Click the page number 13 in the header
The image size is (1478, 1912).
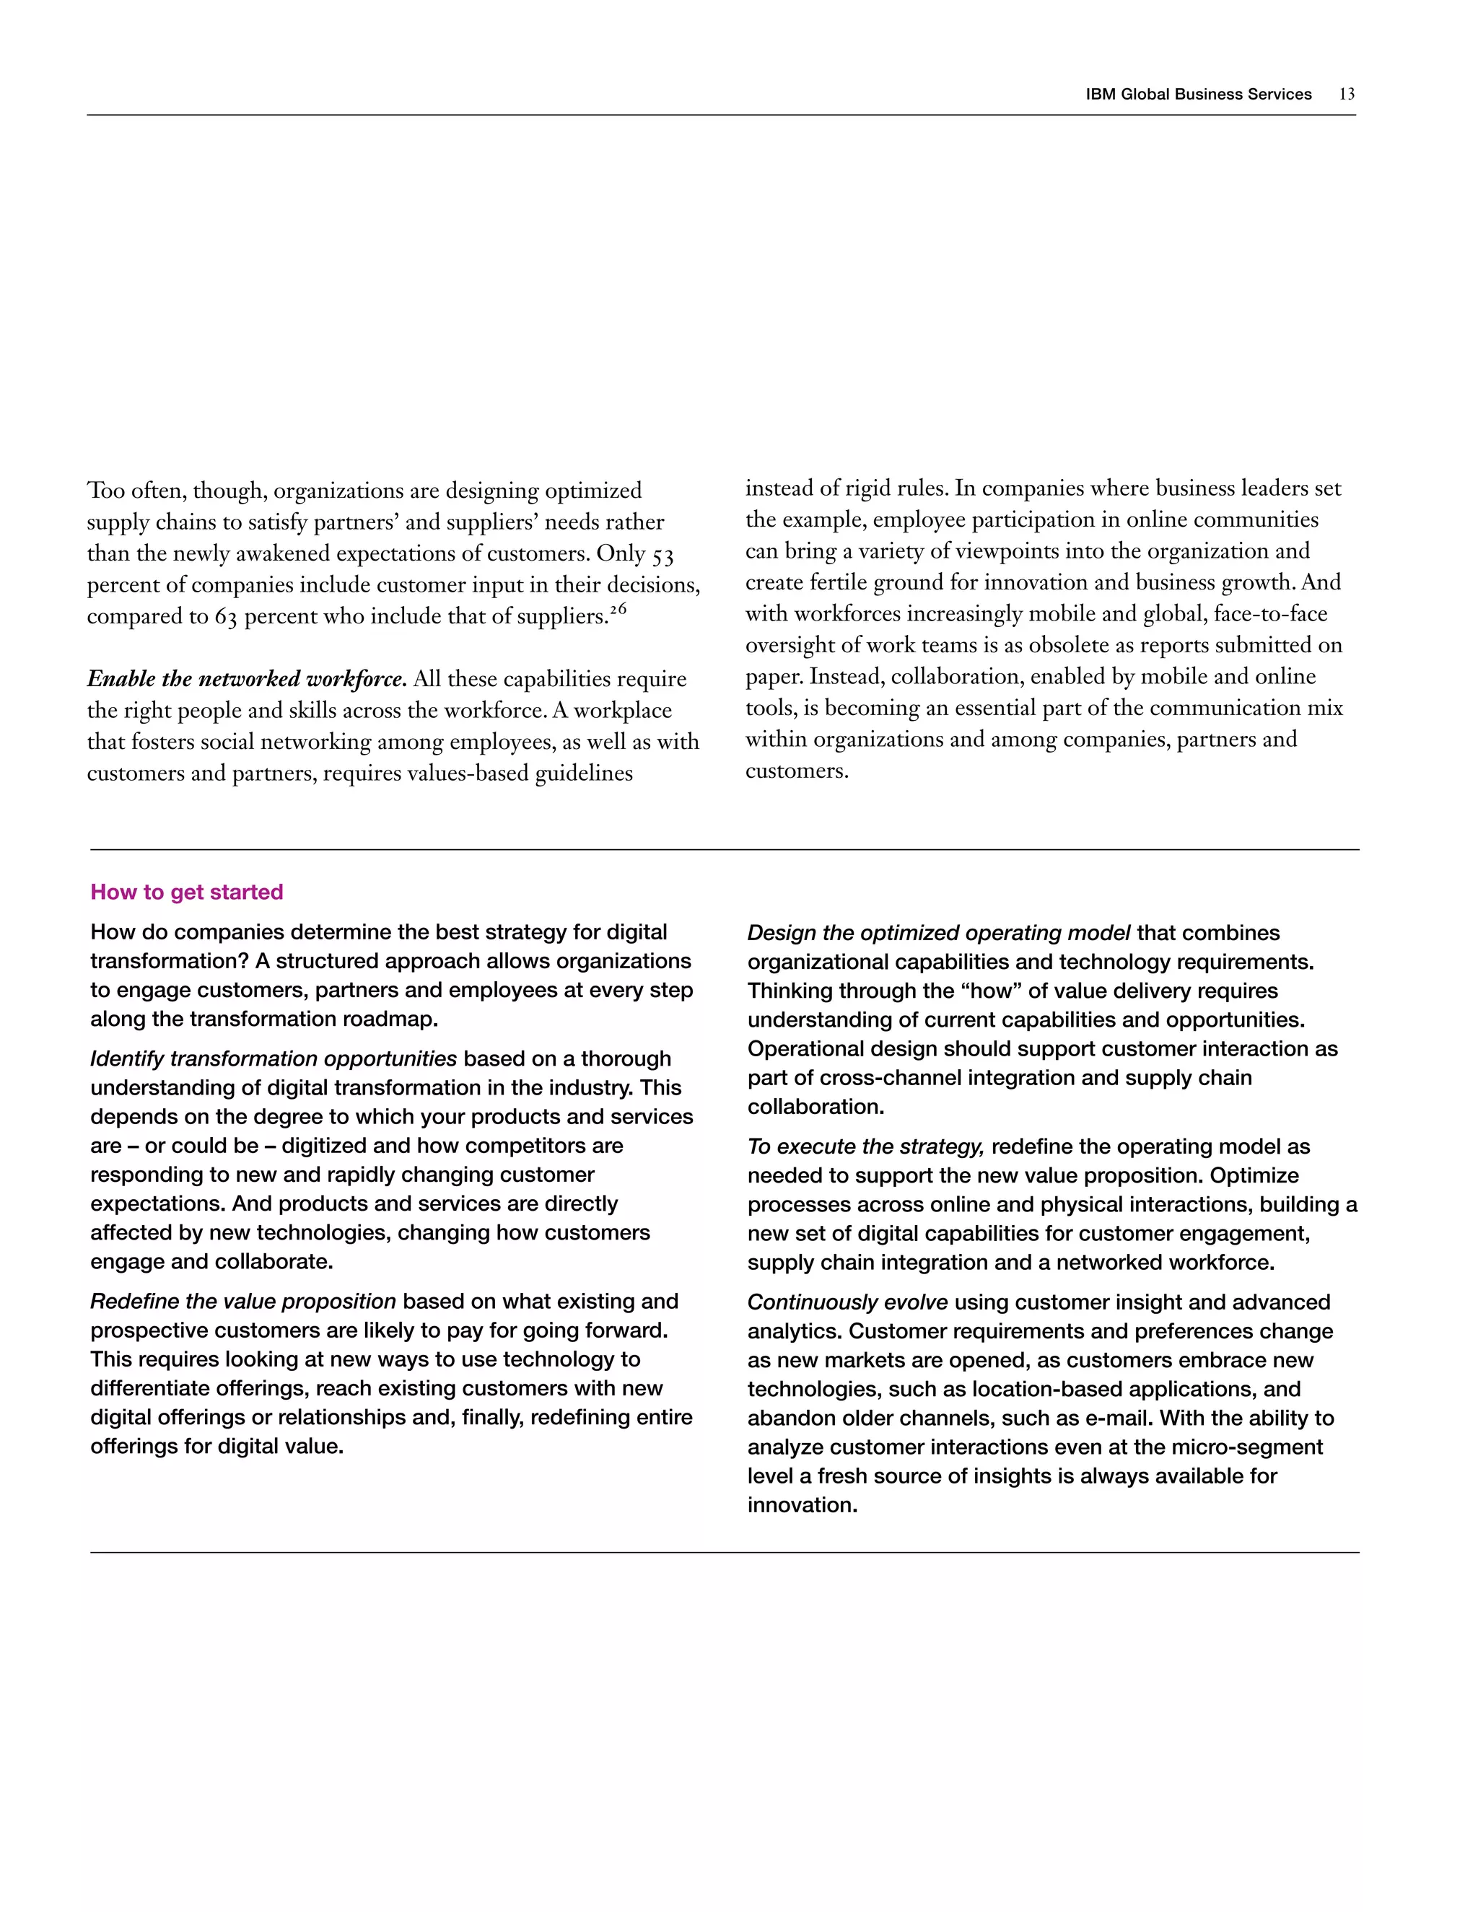[x=1347, y=95]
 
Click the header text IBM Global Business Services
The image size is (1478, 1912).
[x=1198, y=95]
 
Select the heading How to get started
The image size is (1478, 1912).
[x=186, y=892]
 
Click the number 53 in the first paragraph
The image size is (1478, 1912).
[x=663, y=555]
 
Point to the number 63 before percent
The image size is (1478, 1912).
[x=226, y=617]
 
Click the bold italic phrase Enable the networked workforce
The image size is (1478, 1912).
[x=246, y=680]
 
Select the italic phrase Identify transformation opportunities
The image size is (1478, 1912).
[x=274, y=1059]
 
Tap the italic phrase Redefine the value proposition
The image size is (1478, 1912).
[x=243, y=1302]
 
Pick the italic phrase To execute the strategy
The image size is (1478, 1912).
[x=866, y=1147]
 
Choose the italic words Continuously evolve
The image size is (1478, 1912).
[x=847, y=1302]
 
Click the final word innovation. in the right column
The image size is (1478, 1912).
[x=802, y=1505]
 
